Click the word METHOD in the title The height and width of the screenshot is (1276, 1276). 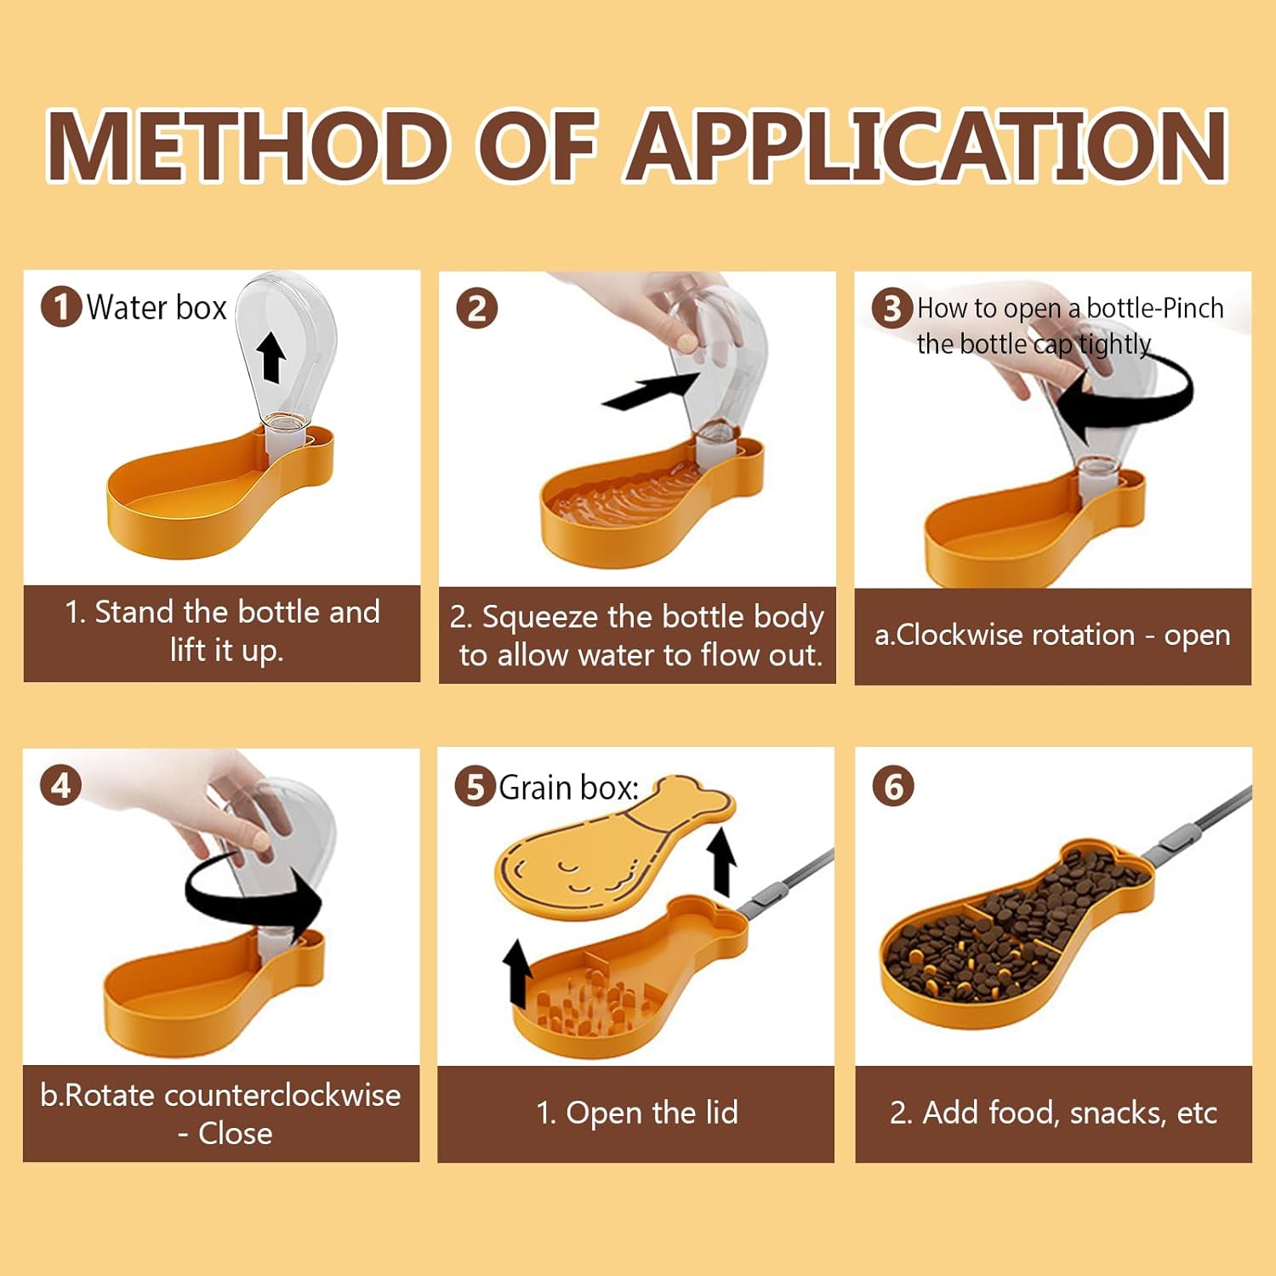[x=248, y=146]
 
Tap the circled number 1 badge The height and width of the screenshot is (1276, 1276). [x=61, y=307]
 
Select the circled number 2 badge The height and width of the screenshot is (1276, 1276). [x=476, y=308]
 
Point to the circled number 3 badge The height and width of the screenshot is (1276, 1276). [x=892, y=308]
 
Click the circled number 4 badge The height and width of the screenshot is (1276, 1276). [x=60, y=785]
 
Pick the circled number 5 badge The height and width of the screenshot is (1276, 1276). [x=476, y=786]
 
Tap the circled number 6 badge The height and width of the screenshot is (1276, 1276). [x=893, y=787]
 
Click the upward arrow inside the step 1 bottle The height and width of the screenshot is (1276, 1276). [x=271, y=356]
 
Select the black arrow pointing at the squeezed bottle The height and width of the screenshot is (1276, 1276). [x=651, y=390]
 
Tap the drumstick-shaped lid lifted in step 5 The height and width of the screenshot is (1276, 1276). [x=614, y=847]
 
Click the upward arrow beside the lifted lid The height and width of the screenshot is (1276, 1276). [x=722, y=862]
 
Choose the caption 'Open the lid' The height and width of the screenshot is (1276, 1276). [x=637, y=1113]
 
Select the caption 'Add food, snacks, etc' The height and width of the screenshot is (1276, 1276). [x=1053, y=1113]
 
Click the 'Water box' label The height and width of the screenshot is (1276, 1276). [x=157, y=307]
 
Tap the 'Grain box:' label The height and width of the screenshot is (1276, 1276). [x=568, y=788]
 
